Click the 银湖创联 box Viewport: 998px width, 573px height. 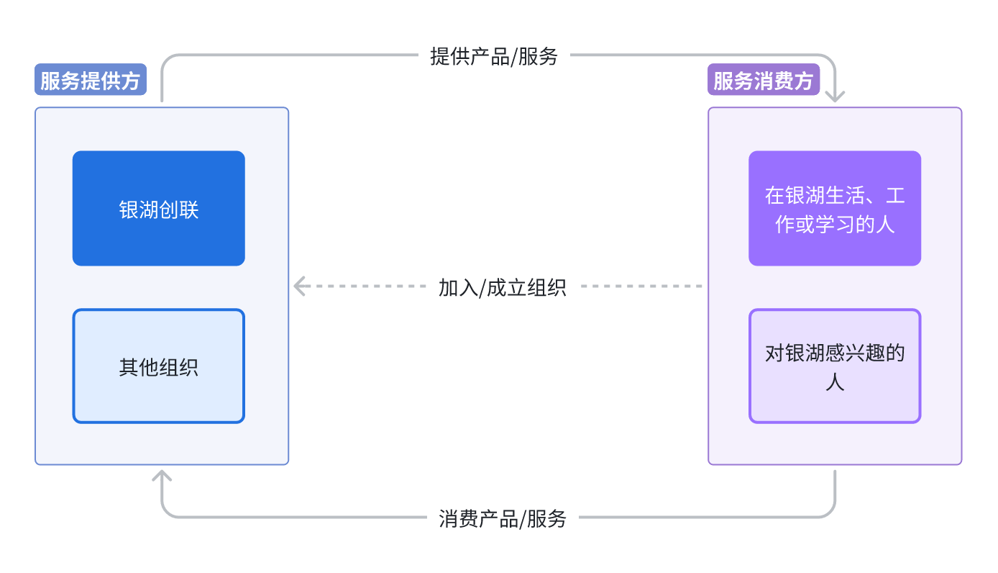click(x=158, y=208)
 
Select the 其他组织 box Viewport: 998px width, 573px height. click(x=158, y=366)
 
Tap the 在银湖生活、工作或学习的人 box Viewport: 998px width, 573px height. click(x=834, y=208)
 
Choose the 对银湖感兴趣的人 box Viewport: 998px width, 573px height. click(x=834, y=366)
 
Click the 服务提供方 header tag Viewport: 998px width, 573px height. click(x=91, y=81)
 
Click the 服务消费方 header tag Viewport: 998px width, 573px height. click(x=764, y=81)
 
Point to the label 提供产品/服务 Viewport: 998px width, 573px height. click(x=494, y=56)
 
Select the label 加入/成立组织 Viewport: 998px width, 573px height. click(x=503, y=287)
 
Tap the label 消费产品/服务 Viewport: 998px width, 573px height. click(x=503, y=518)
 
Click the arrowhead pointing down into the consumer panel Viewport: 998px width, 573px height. click(x=835, y=96)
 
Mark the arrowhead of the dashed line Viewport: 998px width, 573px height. click(x=300, y=286)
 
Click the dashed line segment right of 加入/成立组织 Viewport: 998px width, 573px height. click(x=640, y=286)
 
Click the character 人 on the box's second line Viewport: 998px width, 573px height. click(x=835, y=382)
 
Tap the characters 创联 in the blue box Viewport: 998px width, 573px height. click(x=178, y=210)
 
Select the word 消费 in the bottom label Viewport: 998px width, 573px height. click(x=457, y=518)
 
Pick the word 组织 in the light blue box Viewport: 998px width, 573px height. click(x=178, y=368)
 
